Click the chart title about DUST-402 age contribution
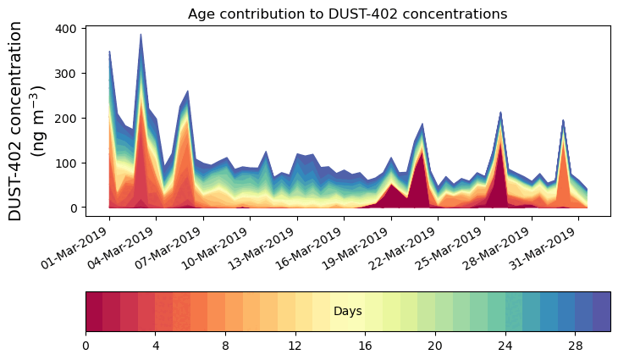point(347,14)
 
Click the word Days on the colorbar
point(347,312)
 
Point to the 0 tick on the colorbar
point(86,346)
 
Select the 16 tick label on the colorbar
point(366,346)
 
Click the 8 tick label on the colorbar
point(226,346)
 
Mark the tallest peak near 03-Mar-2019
point(141,35)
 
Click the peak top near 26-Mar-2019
point(500,113)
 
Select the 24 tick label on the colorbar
point(505,346)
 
